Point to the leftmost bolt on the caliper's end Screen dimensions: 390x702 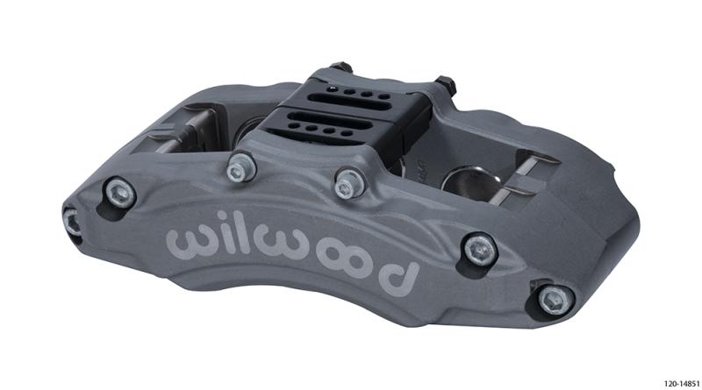(73, 219)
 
